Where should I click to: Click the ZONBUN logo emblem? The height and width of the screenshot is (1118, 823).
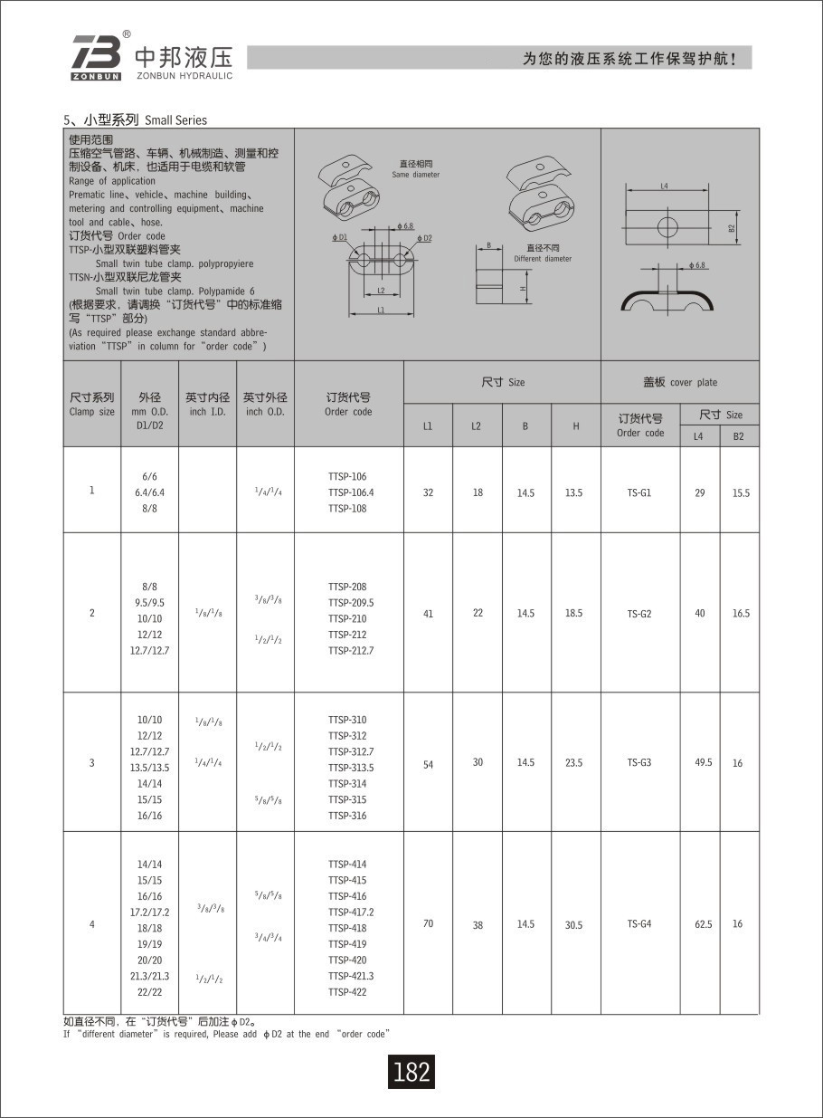(95, 57)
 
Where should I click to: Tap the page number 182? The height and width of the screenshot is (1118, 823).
(411, 1072)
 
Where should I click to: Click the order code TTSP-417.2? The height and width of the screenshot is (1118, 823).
(351, 913)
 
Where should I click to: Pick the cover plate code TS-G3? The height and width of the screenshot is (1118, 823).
(639, 763)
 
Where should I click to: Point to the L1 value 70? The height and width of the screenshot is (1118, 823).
(428, 924)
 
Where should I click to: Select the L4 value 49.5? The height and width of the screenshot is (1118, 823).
(703, 763)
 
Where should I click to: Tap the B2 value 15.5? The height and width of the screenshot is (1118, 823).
(741, 493)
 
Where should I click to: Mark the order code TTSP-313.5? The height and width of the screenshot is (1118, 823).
(351, 768)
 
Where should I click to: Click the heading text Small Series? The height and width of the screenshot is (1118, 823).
(175, 120)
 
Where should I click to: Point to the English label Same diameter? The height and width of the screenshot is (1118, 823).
(416, 175)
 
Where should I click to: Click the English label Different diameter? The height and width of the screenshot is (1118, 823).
(543, 259)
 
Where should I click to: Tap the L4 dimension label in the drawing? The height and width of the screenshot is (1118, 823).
(664, 186)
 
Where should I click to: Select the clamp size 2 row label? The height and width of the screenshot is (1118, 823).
(92, 614)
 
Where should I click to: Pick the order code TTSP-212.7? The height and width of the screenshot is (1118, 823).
(351, 651)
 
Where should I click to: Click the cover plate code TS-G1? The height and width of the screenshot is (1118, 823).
(639, 493)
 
